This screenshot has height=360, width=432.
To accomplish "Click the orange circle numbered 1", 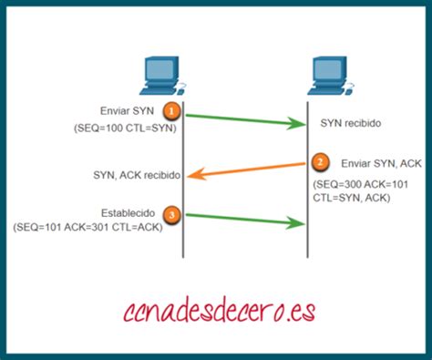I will [170, 110].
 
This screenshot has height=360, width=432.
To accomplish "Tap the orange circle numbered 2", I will [320, 162].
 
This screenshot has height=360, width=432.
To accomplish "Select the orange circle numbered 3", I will [170, 215].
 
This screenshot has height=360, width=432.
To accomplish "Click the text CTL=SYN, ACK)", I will [351, 198].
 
